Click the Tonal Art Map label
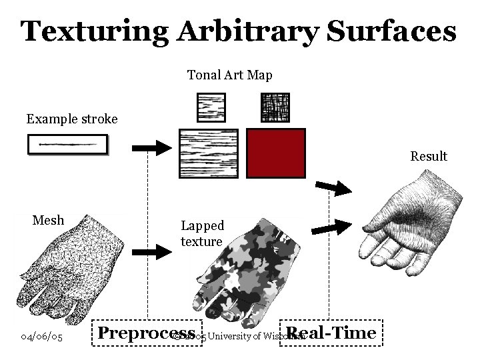coord(229,75)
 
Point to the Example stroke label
coord(72,119)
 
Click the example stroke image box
coord(67,145)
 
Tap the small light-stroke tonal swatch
coord(211,107)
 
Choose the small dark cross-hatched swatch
coord(274,107)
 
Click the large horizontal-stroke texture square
coord(209,153)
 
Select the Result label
coord(429,156)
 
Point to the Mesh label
coord(49,220)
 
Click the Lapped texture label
coord(201,233)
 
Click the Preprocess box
coord(147,333)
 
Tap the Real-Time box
coord(331,333)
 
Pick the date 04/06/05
coord(42,337)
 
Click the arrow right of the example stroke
coord(153,147)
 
